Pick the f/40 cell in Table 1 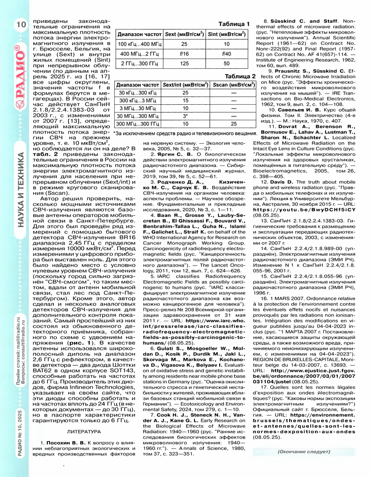(227, 54)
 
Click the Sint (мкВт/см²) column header (227, 35)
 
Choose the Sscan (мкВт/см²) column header (233, 86)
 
